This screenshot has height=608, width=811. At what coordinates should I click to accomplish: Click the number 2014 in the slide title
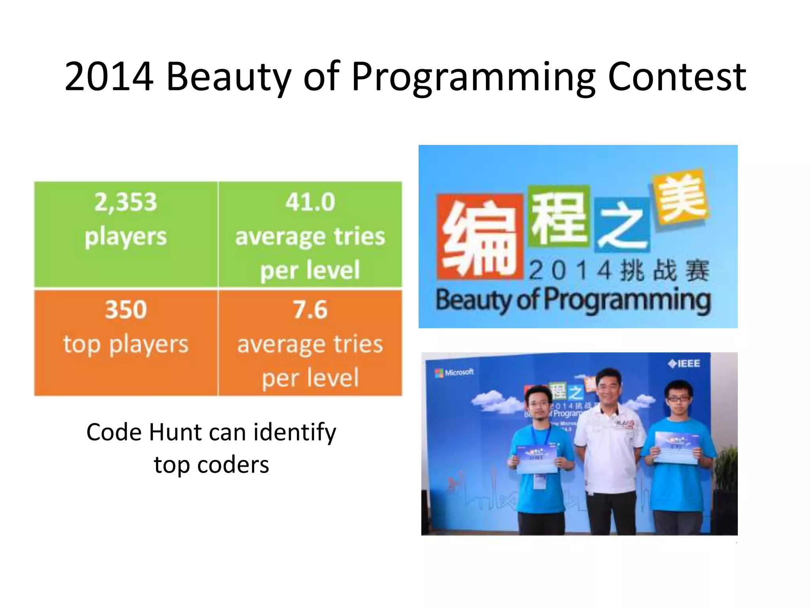tap(109, 76)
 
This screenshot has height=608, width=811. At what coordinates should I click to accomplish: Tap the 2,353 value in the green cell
tap(126, 202)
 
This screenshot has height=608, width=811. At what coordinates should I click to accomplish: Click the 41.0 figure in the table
tap(310, 202)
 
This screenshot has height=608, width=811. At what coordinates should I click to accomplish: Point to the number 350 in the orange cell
tap(126, 310)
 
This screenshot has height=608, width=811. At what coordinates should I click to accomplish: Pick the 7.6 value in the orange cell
tap(310, 310)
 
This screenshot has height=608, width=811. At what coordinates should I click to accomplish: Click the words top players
tap(126, 344)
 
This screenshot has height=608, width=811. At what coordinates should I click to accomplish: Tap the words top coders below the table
tap(211, 465)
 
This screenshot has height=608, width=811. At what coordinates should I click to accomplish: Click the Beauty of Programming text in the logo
tap(573, 300)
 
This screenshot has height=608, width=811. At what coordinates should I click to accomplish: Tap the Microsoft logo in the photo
tap(454, 372)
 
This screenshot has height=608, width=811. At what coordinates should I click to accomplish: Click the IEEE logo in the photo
tap(684, 363)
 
